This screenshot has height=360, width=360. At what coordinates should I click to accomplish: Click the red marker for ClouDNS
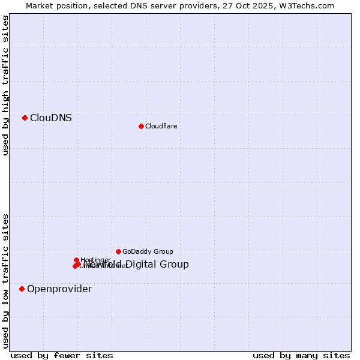tap(25, 118)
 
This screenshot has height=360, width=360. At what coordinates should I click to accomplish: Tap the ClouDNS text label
tap(51, 118)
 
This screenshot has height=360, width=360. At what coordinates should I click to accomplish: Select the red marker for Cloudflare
tap(141, 126)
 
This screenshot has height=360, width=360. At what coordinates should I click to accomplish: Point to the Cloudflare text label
tap(161, 126)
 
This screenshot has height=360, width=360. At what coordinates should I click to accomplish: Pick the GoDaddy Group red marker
tap(118, 251)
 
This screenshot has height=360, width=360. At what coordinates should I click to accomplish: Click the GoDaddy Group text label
tap(148, 252)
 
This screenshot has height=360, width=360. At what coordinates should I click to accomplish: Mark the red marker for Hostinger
tap(77, 260)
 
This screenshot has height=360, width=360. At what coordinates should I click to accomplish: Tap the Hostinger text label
tap(95, 260)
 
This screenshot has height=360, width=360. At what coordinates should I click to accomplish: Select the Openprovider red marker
tap(22, 289)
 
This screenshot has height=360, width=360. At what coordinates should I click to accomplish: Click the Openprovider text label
tap(59, 289)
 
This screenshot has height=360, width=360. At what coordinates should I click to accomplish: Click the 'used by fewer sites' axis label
tap(62, 355)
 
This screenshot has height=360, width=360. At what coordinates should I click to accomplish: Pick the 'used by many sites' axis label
tap(301, 355)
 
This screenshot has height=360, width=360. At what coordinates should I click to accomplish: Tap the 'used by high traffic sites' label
tap(5, 85)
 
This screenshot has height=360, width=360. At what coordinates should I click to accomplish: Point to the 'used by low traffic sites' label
tap(5, 280)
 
